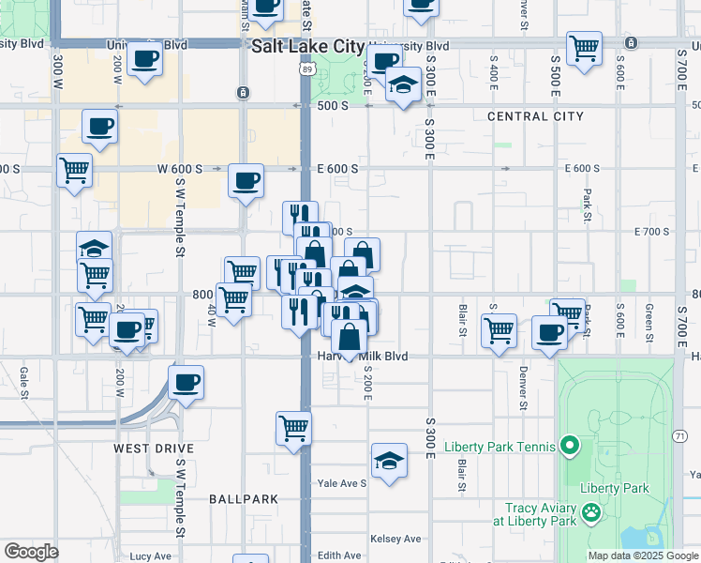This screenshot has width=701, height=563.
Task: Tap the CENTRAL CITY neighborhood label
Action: (x=535, y=116)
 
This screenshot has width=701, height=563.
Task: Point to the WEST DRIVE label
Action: (x=154, y=449)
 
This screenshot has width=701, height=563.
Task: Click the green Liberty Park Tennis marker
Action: (x=569, y=446)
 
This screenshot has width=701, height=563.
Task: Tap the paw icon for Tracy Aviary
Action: (x=591, y=512)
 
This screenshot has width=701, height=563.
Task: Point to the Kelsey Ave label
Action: (x=395, y=539)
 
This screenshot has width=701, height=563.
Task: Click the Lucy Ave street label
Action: (x=151, y=555)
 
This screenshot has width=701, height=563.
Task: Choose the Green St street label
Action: (x=649, y=318)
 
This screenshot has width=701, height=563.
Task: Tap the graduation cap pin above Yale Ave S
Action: (x=389, y=460)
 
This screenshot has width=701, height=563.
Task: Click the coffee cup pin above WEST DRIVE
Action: (x=186, y=382)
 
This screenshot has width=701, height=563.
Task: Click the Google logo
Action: (x=31, y=552)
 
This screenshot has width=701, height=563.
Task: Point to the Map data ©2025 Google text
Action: (x=643, y=555)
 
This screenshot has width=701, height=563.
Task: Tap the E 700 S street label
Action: (x=653, y=231)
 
